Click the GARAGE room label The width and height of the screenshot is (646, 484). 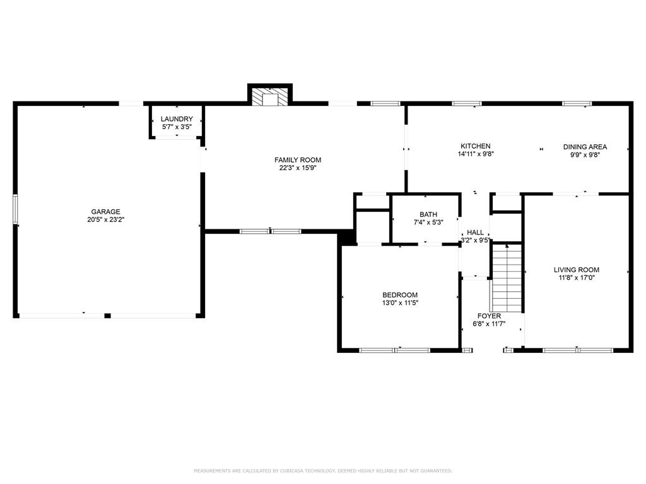point(105,212)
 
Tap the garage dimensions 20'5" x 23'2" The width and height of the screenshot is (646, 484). point(105,220)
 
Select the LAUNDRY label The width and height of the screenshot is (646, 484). point(177,119)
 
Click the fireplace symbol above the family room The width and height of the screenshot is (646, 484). point(270,96)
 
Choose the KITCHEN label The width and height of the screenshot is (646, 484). point(475,146)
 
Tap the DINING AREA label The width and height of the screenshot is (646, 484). point(585,147)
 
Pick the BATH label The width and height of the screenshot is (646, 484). point(428,214)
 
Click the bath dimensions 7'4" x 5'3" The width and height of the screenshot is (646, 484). point(428,222)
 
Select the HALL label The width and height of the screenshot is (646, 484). point(475,233)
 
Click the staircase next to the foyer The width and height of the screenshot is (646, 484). point(507,277)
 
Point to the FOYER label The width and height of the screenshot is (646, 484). point(489,316)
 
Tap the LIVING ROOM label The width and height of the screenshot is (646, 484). point(577,270)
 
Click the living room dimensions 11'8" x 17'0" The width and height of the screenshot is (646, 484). point(577,277)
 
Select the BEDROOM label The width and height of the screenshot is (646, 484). point(400,295)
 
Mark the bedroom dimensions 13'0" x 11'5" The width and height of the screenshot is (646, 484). point(400,303)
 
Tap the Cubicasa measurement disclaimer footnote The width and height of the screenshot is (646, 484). point(322,471)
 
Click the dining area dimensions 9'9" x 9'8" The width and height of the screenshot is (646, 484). point(585,154)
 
